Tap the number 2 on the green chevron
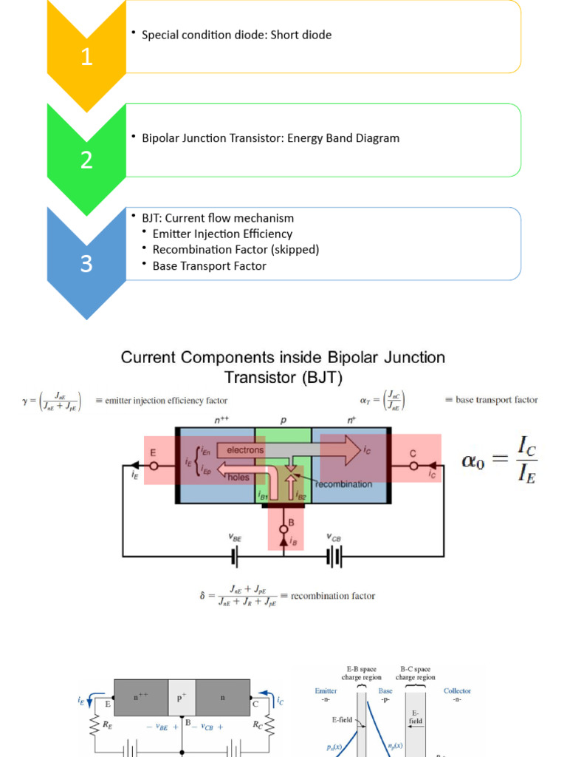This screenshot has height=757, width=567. [x=86, y=160]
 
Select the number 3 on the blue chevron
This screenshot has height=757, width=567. [x=86, y=263]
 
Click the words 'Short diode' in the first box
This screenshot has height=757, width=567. [x=301, y=35]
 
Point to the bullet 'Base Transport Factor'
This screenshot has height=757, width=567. [x=209, y=266]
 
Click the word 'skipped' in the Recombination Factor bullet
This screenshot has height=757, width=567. [x=294, y=250]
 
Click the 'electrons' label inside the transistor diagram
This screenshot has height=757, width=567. [x=245, y=449]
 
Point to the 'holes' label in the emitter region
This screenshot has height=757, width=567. [x=238, y=478]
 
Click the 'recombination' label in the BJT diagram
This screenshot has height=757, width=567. [x=343, y=484]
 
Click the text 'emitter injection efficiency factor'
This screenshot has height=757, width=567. [x=161, y=401]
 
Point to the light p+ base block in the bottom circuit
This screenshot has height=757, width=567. [x=182, y=697]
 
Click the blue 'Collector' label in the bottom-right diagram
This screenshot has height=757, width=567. [x=457, y=691]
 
